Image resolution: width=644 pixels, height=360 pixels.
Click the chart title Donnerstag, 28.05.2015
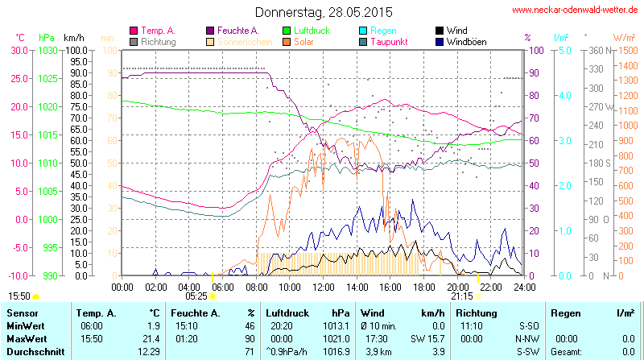click(x=324, y=12)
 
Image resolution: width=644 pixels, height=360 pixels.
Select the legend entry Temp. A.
click(x=157, y=30)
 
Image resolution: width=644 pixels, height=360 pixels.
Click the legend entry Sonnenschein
click(x=238, y=41)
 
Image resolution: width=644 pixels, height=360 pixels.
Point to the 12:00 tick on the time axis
click(x=323, y=286)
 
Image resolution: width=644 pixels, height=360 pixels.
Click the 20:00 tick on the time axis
click(x=457, y=286)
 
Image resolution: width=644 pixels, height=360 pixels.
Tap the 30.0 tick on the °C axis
click(x=19, y=50)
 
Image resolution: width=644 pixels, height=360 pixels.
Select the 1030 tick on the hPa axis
click(x=47, y=50)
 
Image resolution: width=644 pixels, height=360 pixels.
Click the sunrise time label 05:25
click(x=196, y=296)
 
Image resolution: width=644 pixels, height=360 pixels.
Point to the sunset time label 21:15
click(x=462, y=296)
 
